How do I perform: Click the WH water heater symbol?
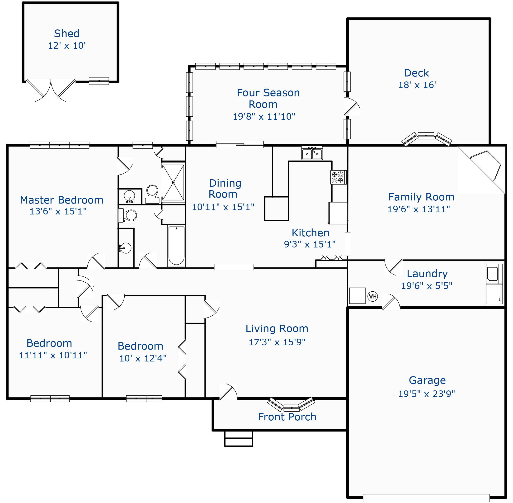click(372, 296)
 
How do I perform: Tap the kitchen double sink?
click(312, 153)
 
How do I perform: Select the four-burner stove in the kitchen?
click(338, 177)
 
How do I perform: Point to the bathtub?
click(176, 246)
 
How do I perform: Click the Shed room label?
click(66, 33)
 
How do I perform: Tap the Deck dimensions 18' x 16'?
click(417, 85)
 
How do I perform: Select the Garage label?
click(427, 380)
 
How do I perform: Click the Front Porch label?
click(287, 417)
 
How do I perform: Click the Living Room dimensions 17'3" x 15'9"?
click(277, 342)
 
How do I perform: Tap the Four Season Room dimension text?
click(264, 117)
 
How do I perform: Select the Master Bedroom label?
click(61, 200)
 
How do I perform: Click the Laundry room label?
click(427, 274)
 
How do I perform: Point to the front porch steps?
click(238, 439)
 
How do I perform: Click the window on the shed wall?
click(99, 81)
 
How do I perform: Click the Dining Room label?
click(225, 189)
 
